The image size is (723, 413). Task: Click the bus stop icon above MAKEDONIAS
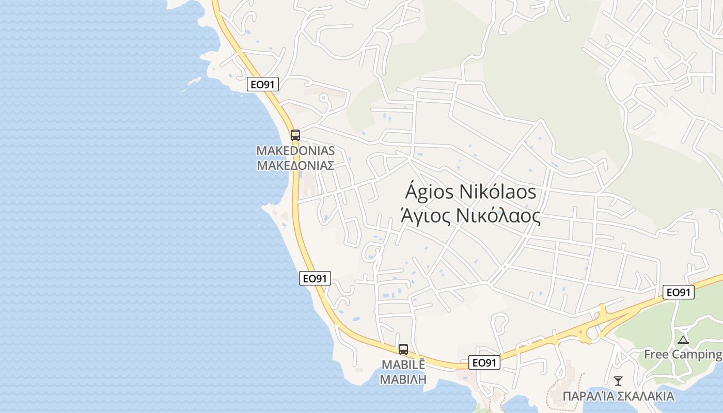tap(295, 135)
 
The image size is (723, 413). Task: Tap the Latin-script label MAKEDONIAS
tap(295, 151)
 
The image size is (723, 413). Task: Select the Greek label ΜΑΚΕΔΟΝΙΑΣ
tap(295, 166)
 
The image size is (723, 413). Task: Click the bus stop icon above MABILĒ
tap(403, 350)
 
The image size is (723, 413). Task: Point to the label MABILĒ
tap(403, 364)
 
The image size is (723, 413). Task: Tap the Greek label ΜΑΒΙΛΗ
tap(403, 379)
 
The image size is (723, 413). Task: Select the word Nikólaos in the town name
tap(498, 192)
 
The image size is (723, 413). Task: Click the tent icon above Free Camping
tap(683, 340)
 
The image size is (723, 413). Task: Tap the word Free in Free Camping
tap(656, 354)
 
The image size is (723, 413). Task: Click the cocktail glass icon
tap(618, 381)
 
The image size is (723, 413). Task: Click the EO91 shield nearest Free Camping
tap(679, 292)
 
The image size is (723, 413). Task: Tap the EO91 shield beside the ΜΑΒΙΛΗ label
tap(484, 362)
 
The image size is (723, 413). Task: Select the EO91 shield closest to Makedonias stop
tap(263, 84)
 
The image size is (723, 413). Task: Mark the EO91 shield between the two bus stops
tap(315, 278)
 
